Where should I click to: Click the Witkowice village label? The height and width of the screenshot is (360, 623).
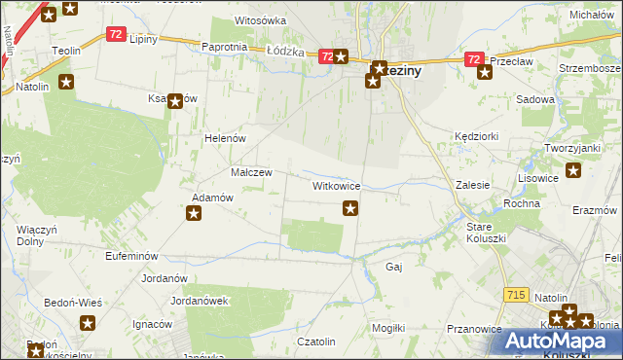pos(337,185)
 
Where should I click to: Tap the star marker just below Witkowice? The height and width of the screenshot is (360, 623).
pos(350,207)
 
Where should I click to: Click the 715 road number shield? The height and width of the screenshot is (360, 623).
pos(517,295)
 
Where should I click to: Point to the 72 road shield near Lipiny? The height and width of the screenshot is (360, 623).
pos(116,34)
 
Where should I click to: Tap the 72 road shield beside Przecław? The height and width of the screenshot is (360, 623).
pos(472,59)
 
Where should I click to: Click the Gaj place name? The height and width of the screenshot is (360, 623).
pos(394,266)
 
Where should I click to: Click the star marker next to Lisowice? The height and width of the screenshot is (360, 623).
pos(573,171)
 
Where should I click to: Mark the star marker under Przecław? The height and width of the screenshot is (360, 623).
pos(485,72)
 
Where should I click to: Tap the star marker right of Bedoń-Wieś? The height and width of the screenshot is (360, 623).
pos(88,324)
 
